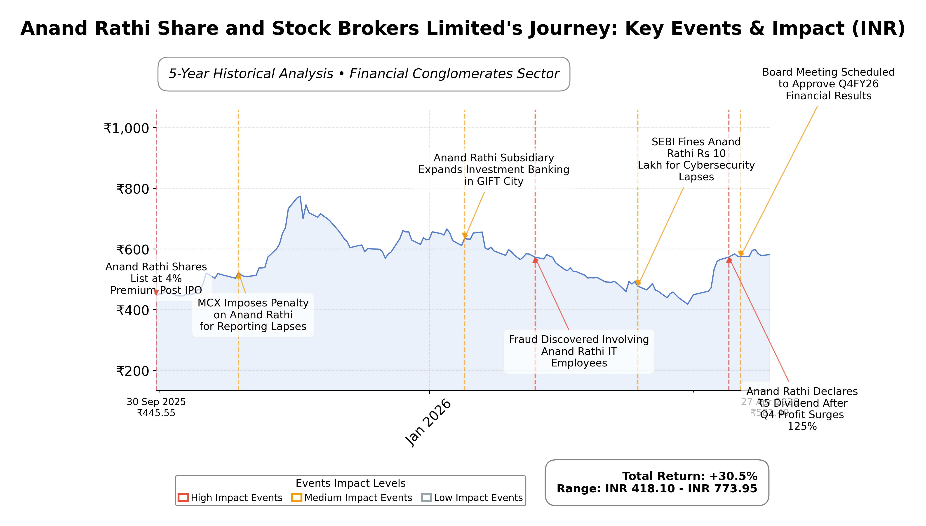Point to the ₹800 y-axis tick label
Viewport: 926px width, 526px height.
coord(132,189)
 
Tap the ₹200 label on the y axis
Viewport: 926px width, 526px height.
coord(132,371)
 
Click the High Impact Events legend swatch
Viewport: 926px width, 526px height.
coord(183,498)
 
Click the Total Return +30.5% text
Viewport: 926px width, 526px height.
coord(689,476)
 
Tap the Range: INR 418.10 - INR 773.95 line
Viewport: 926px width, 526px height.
coord(656,489)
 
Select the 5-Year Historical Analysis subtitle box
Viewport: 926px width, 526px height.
coord(364,74)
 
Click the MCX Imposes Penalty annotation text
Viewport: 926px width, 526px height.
coord(253,315)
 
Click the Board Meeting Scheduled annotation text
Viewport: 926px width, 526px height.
coord(828,84)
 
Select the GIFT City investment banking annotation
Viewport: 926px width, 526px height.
coord(494,169)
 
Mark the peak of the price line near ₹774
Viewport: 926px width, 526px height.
coord(300,197)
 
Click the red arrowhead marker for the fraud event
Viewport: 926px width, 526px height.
coord(535,260)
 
